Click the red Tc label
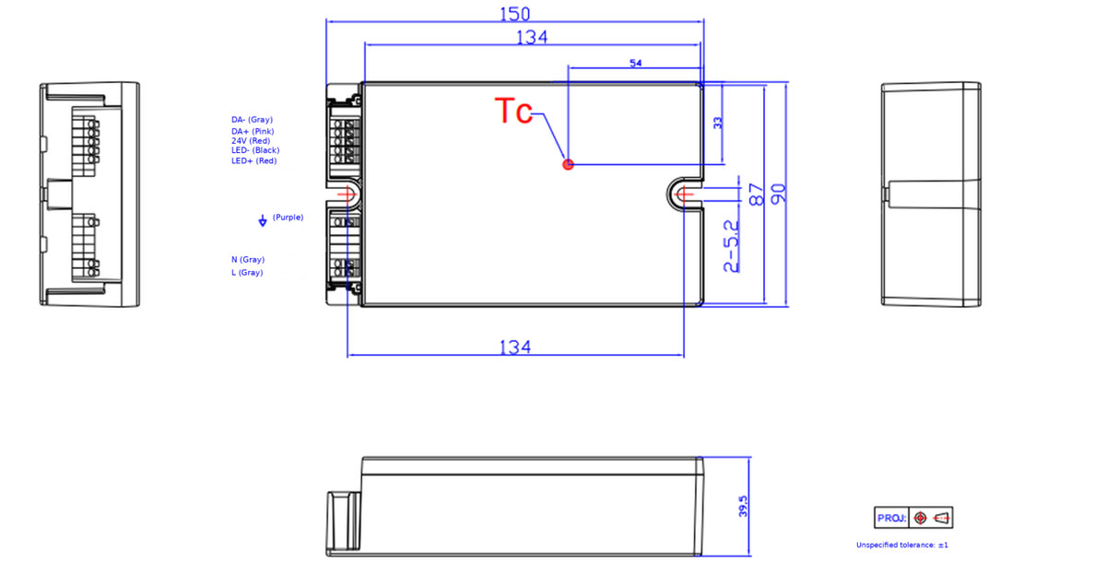[513, 111]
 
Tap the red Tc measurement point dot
[569, 164]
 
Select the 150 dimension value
[515, 14]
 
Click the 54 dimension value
[635, 64]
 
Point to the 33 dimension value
[718, 123]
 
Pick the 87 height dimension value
[756, 194]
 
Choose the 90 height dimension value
[778, 194]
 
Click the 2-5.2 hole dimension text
[731, 246]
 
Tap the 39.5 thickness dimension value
[743, 507]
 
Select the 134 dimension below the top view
[515, 347]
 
